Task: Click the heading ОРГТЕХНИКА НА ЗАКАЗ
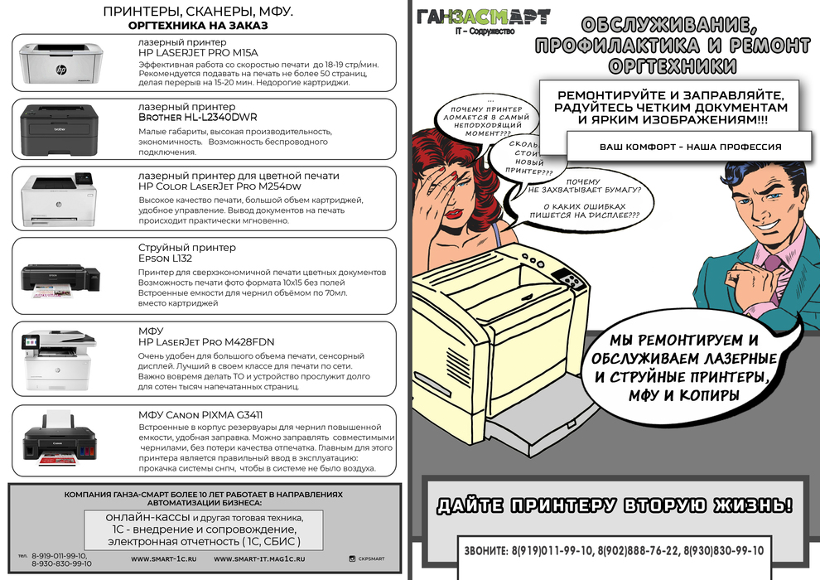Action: tap(199, 26)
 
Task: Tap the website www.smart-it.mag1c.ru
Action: tap(259, 559)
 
